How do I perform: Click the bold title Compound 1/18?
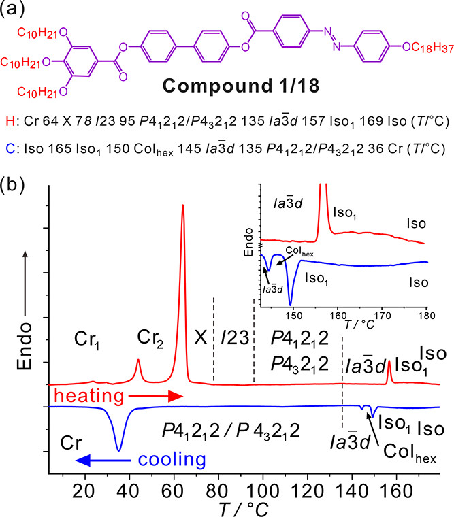pos(241,86)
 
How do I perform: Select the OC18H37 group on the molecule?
pos(428,48)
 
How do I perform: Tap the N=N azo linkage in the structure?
pos(331,39)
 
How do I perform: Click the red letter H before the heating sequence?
pos(10,121)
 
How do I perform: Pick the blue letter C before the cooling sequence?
pos(10,148)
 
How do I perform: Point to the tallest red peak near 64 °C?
pos(183,205)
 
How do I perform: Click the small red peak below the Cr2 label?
pos(138,361)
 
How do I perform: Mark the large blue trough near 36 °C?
pos(119,450)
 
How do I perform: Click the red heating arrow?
pos(155,396)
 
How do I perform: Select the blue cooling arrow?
pos(103,460)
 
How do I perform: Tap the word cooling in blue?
pos(172,460)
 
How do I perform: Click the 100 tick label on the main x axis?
pos(263,491)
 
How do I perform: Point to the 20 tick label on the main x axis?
pos(84,491)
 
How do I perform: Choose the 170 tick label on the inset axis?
pos(382,316)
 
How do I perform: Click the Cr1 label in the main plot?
pos(86,339)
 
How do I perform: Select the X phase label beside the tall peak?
pos(200,337)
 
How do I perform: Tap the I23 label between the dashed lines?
pos(235,337)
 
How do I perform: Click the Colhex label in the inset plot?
pos(299,251)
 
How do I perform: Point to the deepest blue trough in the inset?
pos(291,305)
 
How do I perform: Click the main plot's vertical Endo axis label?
pos(25,346)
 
